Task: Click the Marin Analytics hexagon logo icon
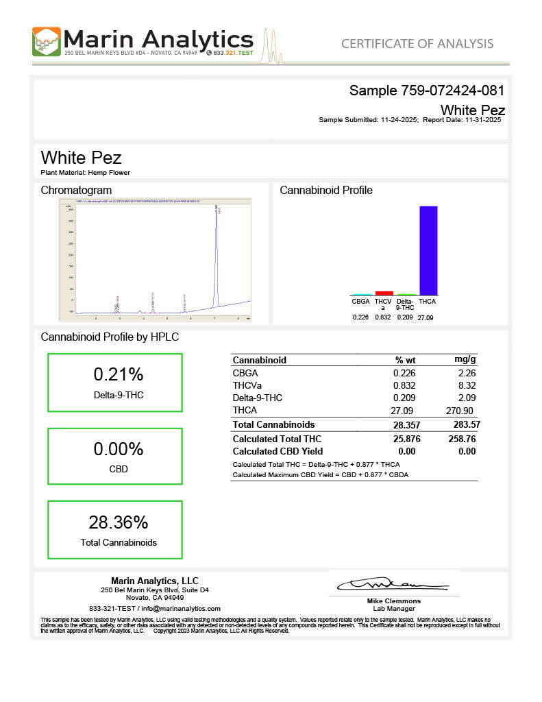pyautogui.click(x=47, y=41)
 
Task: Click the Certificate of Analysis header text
pyautogui.click(x=417, y=44)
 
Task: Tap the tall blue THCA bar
pyautogui.click(x=428, y=250)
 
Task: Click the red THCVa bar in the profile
pyautogui.click(x=384, y=293)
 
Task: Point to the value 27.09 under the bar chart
pyautogui.click(x=426, y=317)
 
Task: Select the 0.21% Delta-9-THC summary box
pyautogui.click(x=115, y=383)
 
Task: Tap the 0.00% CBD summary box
pyautogui.click(x=115, y=457)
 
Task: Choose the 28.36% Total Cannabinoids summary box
pyautogui.click(x=115, y=530)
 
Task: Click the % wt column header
pyautogui.click(x=405, y=360)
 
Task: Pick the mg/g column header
pyautogui.click(x=465, y=360)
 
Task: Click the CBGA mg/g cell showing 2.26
pyautogui.click(x=467, y=373)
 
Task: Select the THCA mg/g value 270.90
pyautogui.click(x=461, y=410)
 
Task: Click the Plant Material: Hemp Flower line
pyautogui.click(x=86, y=173)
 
